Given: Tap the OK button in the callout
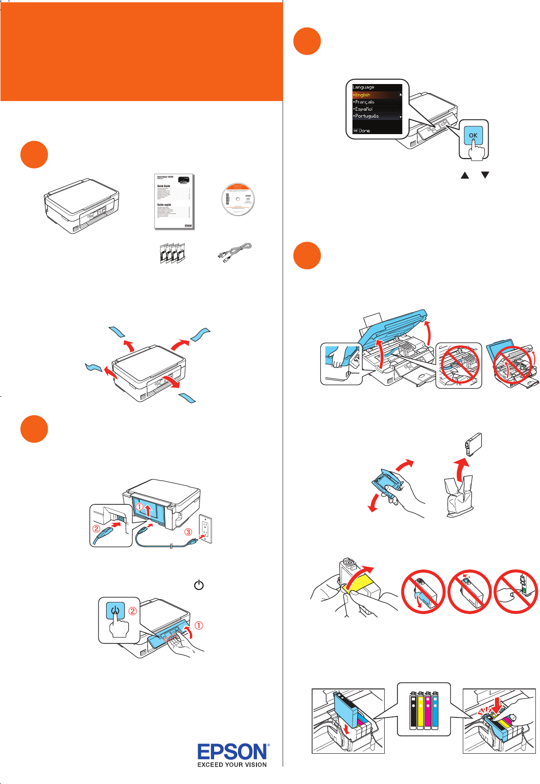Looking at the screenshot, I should pos(473,135).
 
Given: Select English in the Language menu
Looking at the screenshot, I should pos(363,95).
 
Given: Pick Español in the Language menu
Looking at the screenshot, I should pos(364,109).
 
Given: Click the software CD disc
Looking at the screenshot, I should pos(238,200).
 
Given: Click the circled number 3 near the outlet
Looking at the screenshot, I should pos(188,532).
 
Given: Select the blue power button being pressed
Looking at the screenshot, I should pos(115,611).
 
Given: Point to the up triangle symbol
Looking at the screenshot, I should pos(465,175).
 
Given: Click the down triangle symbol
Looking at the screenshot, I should pos(485,175).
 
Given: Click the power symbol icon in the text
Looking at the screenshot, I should pos(199,585).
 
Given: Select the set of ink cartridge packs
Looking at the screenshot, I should pos(172,254).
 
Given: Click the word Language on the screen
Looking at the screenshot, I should pos(364,87).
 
